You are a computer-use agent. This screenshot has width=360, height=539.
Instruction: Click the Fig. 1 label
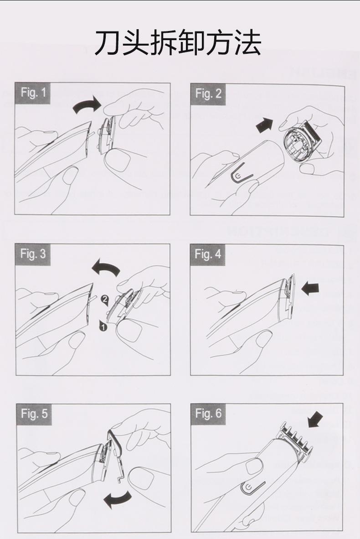33,93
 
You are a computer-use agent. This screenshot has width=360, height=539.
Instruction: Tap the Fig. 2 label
208,94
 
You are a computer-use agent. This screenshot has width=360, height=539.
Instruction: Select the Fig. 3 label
33,254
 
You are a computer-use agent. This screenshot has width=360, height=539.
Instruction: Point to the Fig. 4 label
208,255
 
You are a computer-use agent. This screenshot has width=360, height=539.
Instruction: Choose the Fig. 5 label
34,414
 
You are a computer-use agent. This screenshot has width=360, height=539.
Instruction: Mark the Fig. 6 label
208,413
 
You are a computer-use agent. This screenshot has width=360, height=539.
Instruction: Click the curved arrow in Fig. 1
87,104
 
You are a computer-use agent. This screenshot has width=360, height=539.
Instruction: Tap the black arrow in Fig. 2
264,124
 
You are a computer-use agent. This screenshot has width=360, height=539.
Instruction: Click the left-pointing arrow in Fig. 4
310,288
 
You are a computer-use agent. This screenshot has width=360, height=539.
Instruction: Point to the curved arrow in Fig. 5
118,499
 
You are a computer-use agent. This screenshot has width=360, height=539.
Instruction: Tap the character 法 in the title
248,42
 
